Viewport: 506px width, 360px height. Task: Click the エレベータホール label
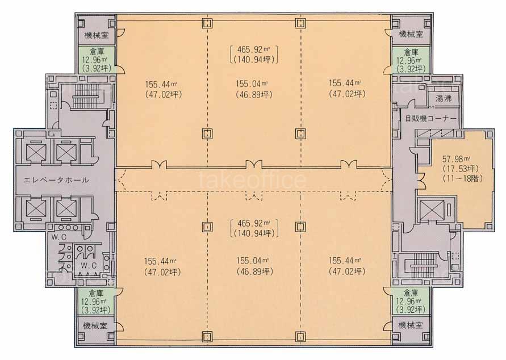click(x=56, y=180)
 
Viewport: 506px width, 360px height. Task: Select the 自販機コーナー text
click(x=430, y=118)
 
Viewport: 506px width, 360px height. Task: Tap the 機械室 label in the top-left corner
click(x=97, y=35)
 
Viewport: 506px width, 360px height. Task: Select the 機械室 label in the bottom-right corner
click(x=410, y=326)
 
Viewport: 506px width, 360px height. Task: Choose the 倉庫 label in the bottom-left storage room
click(x=97, y=294)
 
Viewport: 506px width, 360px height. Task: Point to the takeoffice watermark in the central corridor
click(x=253, y=181)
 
